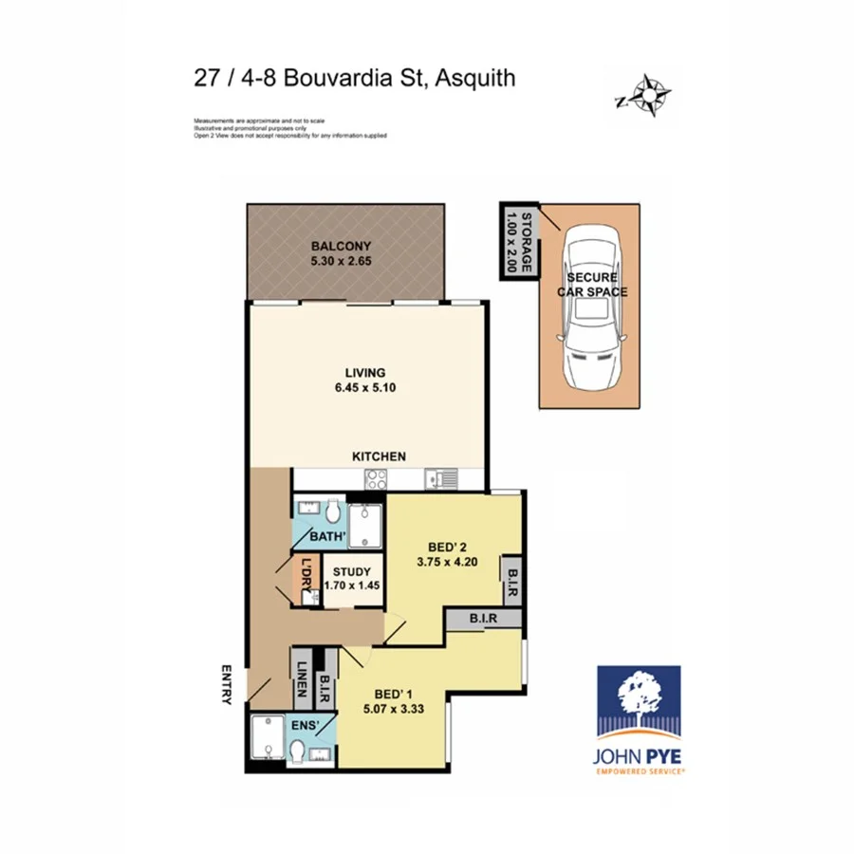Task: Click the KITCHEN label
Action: pyautogui.click(x=380, y=456)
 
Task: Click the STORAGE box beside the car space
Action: pyautogui.click(x=519, y=241)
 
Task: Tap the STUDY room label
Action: pyautogui.click(x=352, y=572)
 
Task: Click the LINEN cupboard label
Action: pyautogui.click(x=300, y=678)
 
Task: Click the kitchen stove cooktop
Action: pyautogui.click(x=375, y=479)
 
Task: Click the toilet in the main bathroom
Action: pyautogui.click(x=332, y=513)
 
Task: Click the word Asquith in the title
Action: pyautogui.click(x=475, y=78)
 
